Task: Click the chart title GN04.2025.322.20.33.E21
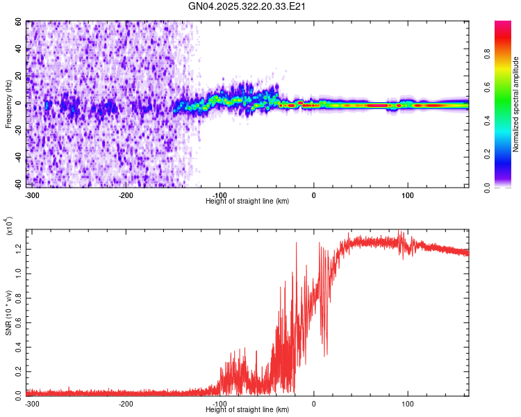(x=247, y=6)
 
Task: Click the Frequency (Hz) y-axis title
(x=8, y=104)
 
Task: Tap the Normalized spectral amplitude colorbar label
(x=516, y=104)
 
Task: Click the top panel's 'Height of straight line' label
(x=247, y=201)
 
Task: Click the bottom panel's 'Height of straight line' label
(x=247, y=409)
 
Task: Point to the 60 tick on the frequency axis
(x=19, y=22)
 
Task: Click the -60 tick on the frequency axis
(x=17, y=185)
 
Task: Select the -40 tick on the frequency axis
(x=17, y=158)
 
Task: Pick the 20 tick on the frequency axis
(x=19, y=76)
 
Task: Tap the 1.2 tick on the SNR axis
(x=19, y=248)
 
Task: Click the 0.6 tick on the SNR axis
(x=19, y=322)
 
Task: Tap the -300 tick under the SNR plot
(x=32, y=404)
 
